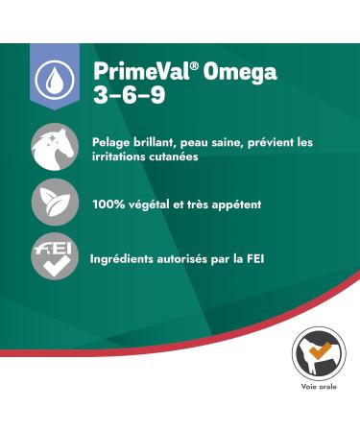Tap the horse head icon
click(x=55, y=146)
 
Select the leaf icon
click(x=55, y=203)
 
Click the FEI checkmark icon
click(x=55, y=257)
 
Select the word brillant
click(x=163, y=143)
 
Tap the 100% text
click(x=108, y=204)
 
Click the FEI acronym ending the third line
click(x=274, y=258)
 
